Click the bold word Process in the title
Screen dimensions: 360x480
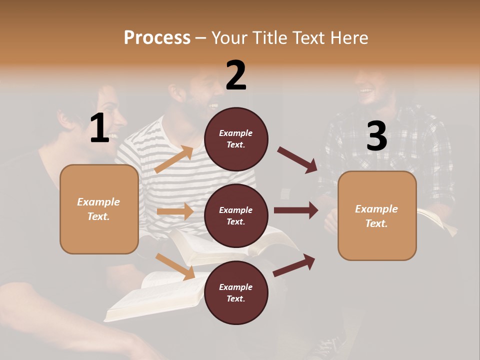[x=157, y=37]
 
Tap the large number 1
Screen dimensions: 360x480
[x=99, y=128]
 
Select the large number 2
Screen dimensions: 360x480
[x=236, y=75]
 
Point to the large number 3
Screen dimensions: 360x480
[x=376, y=136]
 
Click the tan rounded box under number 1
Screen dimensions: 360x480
[x=99, y=209]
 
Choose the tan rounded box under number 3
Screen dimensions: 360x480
[x=377, y=215]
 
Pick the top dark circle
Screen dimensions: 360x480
[x=236, y=139]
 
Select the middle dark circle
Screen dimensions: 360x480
[x=236, y=215]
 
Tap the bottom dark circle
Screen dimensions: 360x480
[x=236, y=292]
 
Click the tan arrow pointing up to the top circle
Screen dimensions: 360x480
[x=174, y=159]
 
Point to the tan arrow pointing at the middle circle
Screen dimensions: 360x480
[x=175, y=211]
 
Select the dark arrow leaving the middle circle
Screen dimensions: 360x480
[x=296, y=210]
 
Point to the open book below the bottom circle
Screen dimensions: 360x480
[x=150, y=300]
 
